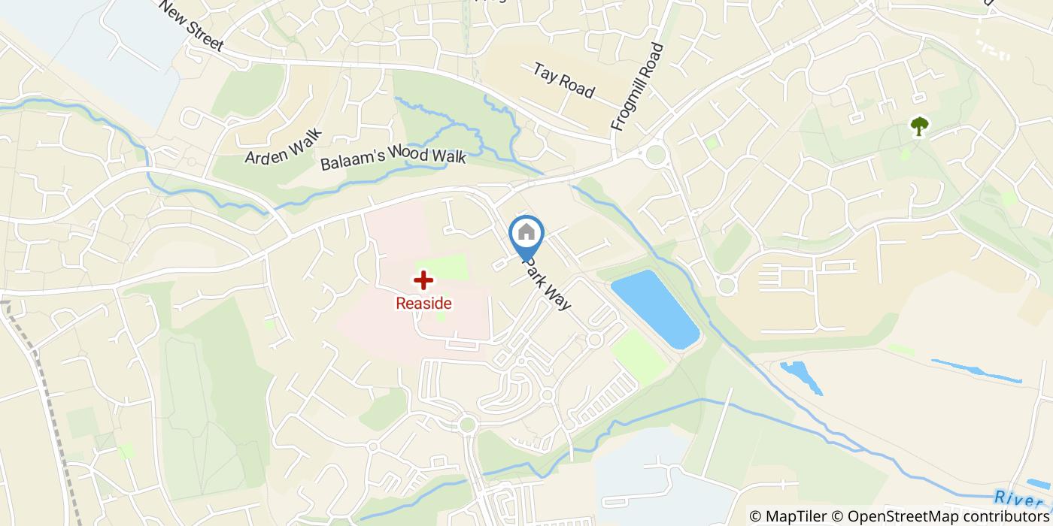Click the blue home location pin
(526, 234)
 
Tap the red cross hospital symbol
(424, 280)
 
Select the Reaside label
(424, 304)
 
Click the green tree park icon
(919, 125)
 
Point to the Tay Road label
(563, 80)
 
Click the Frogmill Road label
(638, 87)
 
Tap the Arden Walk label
(283, 146)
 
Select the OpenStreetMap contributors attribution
(939, 516)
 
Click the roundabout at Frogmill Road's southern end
(656, 156)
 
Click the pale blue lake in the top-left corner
(90, 53)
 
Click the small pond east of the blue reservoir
(800, 375)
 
